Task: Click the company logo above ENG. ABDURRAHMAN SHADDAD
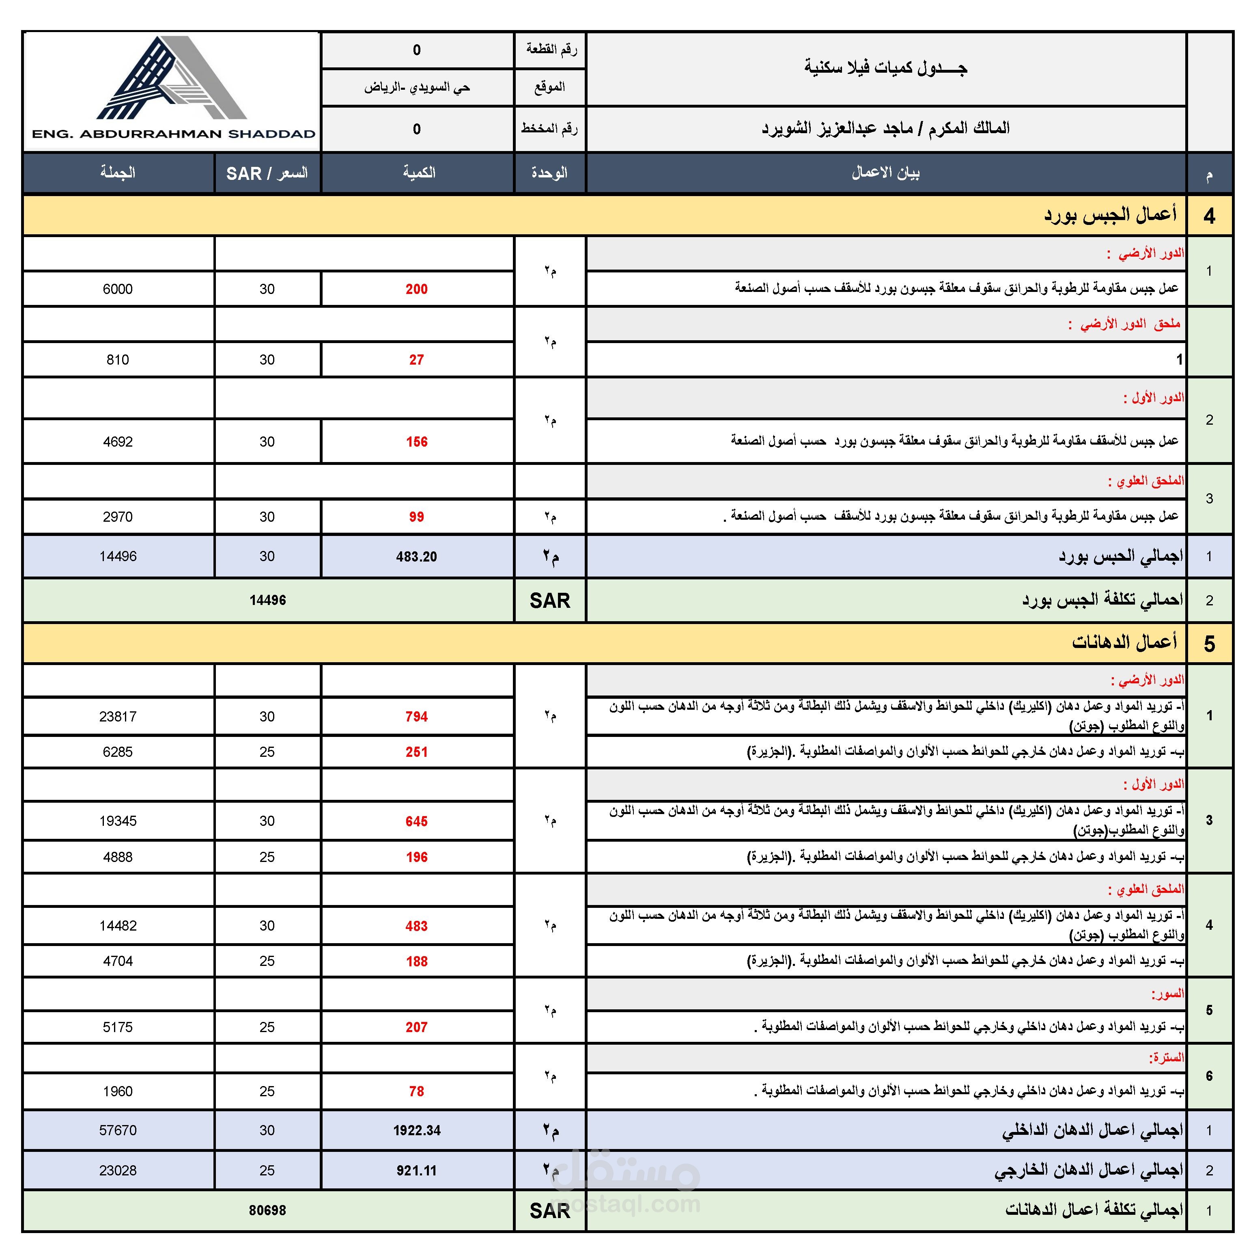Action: pos(172,78)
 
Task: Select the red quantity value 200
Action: pos(416,289)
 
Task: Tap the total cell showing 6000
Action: pos(118,289)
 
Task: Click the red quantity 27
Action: pos(416,360)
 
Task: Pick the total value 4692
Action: pos(118,442)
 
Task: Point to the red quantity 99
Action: pos(416,517)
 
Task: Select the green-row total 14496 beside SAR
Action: pos(267,600)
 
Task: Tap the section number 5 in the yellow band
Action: pos(1209,644)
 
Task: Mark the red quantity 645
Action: pos(416,821)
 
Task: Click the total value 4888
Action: pos(118,857)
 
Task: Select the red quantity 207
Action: pos(416,1027)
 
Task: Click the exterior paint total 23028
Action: pos(118,1171)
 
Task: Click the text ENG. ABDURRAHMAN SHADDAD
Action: pos(174,134)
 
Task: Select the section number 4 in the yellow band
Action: pos(1209,216)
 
